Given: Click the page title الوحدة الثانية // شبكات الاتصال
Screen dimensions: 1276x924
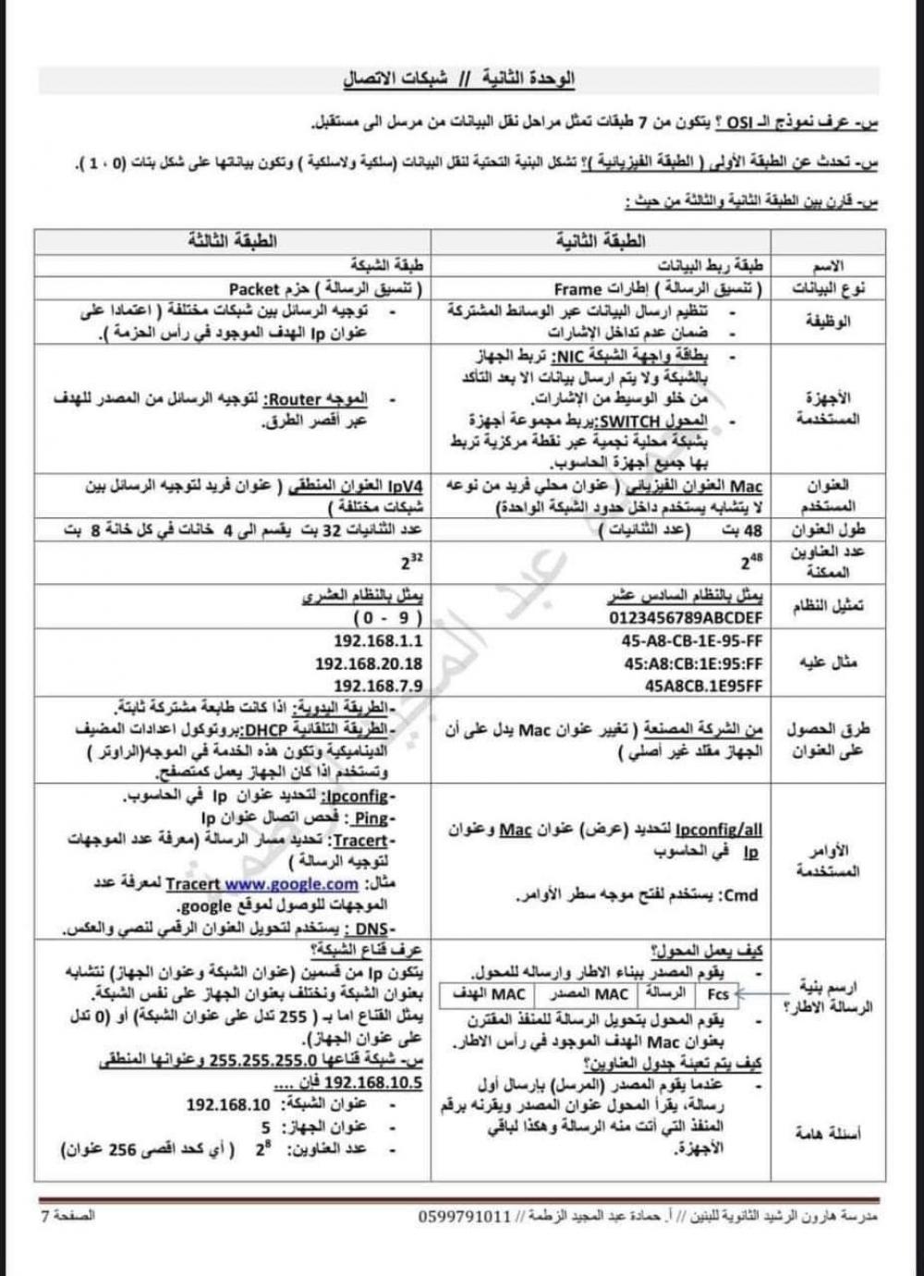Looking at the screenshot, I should pyautogui.click(x=459, y=79).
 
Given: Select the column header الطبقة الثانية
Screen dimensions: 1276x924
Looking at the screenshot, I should pyautogui.click(x=601, y=242).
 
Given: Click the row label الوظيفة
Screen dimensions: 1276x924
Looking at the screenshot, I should pyautogui.click(x=829, y=322).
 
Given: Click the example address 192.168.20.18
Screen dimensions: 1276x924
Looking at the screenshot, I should pyautogui.click(x=369, y=663).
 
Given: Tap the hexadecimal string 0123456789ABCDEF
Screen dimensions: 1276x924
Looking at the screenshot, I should pyautogui.click(x=687, y=616).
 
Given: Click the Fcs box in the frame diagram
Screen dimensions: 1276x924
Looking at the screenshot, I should pyautogui.click(x=718, y=994).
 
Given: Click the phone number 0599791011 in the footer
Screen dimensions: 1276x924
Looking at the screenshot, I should pyautogui.click(x=465, y=1217).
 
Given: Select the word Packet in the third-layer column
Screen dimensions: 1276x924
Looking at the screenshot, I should pyautogui.click(x=255, y=289).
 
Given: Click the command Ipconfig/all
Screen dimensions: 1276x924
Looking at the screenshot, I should pyautogui.click(x=719, y=831).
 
